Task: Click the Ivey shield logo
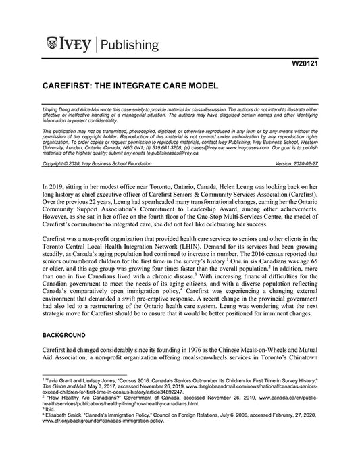[53, 45]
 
